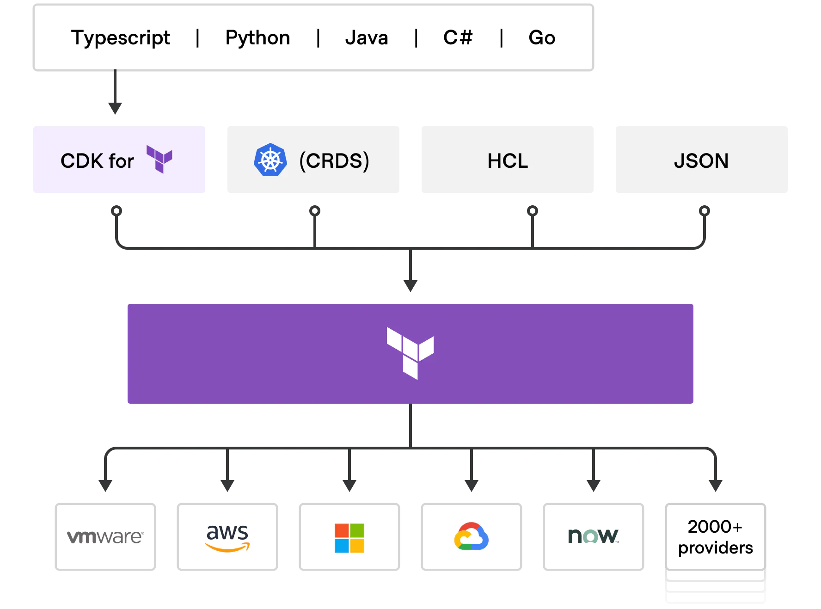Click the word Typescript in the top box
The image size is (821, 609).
(121, 38)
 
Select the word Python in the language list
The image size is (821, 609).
(257, 38)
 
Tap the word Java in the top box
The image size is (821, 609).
(367, 37)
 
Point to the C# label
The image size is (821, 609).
(458, 37)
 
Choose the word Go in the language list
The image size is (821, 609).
(542, 37)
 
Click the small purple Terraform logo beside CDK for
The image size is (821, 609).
(159, 159)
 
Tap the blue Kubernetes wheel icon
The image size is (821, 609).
(270, 160)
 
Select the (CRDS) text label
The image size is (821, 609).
(334, 161)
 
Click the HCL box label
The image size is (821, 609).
(508, 161)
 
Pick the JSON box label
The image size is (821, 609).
(701, 161)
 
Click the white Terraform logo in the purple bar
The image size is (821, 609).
(410, 353)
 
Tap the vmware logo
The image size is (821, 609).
(105, 537)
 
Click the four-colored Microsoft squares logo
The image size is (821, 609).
(349, 538)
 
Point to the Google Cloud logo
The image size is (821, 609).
(472, 536)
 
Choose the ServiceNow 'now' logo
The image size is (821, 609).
(593, 536)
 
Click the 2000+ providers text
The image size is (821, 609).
(715, 537)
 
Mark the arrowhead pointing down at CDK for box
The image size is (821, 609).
(115, 109)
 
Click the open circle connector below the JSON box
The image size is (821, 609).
(705, 211)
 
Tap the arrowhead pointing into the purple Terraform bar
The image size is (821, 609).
(410, 286)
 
